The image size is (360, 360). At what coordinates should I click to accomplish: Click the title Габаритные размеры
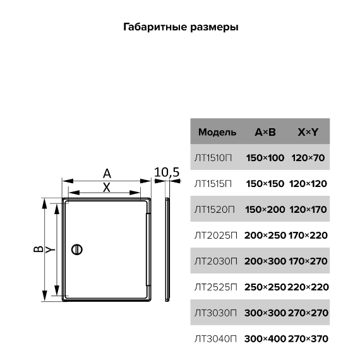181,27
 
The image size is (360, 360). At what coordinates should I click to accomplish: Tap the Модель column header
217,132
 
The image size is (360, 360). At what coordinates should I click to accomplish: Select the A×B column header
265,132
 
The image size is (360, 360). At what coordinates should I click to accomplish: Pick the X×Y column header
308,132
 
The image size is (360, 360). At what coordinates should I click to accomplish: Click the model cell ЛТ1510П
213,158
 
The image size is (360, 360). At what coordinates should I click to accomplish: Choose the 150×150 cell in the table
265,184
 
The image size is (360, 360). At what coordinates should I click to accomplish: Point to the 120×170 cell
308,210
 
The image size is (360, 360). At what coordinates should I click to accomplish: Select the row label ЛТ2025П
215,236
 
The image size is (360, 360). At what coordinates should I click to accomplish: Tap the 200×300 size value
265,261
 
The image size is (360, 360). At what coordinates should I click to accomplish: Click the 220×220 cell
308,287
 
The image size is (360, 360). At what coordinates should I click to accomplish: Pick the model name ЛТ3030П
215,313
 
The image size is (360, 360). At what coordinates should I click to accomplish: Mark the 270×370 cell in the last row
308,339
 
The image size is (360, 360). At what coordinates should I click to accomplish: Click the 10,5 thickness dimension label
167,172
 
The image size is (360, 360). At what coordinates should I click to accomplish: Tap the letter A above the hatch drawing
107,174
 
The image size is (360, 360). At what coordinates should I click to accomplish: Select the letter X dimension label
107,188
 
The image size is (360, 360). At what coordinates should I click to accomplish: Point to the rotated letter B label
38,249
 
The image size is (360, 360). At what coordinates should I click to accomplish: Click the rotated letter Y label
51,249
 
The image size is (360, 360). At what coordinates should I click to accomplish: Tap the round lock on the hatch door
77,249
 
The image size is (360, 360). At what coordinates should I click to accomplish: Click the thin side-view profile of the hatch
167,249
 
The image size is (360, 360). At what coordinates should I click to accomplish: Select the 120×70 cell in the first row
308,158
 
